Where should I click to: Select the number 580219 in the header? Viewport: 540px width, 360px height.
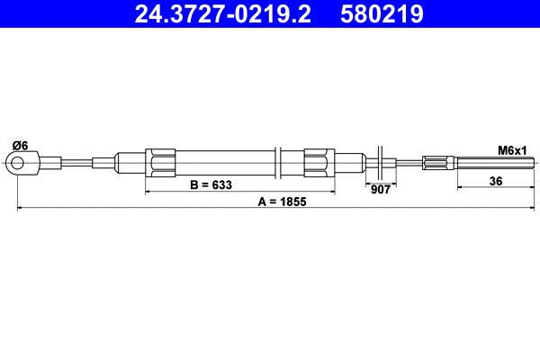382,13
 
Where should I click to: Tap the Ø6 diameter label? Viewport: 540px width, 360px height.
19,145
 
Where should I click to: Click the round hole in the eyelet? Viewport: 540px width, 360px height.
17,163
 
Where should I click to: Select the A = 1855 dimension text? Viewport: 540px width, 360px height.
283,202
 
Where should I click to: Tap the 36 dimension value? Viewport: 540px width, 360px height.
495,181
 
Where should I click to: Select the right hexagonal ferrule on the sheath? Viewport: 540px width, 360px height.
319,163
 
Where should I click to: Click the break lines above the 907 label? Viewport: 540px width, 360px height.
382,163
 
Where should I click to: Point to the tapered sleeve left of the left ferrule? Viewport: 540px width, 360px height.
130,163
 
